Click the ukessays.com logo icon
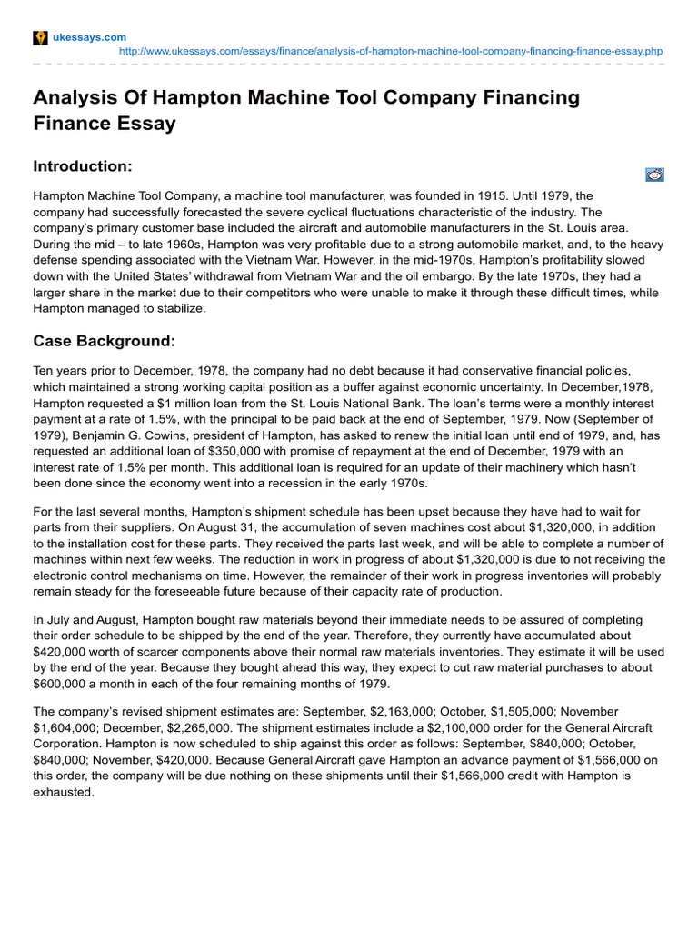(40, 36)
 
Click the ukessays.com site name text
(89, 36)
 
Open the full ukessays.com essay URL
(392, 52)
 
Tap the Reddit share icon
(654, 175)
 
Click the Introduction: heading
(83, 166)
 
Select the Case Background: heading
(104, 341)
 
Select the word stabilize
(180, 308)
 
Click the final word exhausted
(64, 792)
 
